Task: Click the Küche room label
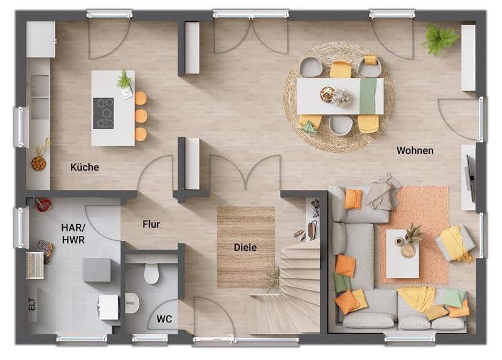click(85, 167)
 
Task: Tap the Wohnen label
click(415, 151)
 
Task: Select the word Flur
click(151, 225)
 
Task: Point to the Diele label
click(245, 247)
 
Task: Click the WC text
click(164, 319)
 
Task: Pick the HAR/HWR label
click(73, 233)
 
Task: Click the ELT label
click(32, 304)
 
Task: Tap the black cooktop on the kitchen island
click(103, 114)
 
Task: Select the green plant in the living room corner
click(441, 39)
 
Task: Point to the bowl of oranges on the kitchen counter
click(38, 163)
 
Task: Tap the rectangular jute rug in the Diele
click(246, 247)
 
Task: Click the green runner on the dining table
click(368, 96)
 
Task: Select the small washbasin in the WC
click(132, 303)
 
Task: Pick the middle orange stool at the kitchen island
click(141, 116)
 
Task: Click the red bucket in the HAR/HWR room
click(44, 205)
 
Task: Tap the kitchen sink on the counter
click(40, 97)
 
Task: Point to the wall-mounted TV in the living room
click(471, 178)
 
